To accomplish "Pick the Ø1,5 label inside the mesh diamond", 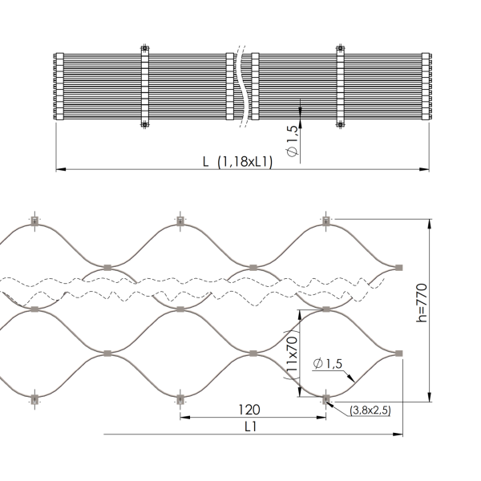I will coord(329,365).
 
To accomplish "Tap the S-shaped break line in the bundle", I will coord(239,88).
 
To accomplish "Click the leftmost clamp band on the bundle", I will coord(145,87).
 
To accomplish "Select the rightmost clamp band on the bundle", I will coord(339,87).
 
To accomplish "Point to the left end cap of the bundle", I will coord(59,87).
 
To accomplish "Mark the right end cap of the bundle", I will coord(426,87).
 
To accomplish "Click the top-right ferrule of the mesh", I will coord(325,220).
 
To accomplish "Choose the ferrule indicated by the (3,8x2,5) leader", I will coord(325,398).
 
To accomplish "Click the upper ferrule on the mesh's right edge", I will coord(398,265).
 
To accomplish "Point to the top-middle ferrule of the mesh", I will coord(180,220).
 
